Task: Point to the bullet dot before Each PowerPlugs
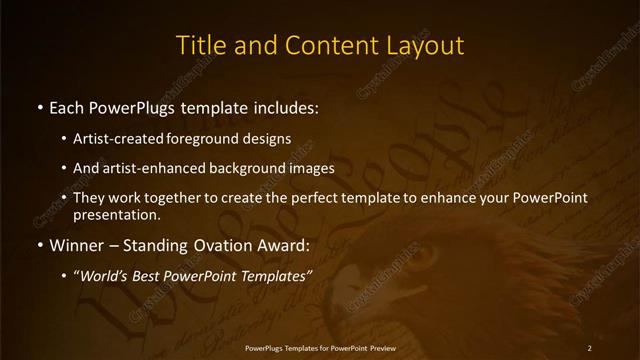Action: tap(38, 106)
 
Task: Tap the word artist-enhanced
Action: tap(149, 168)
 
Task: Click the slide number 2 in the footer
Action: tap(590, 347)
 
